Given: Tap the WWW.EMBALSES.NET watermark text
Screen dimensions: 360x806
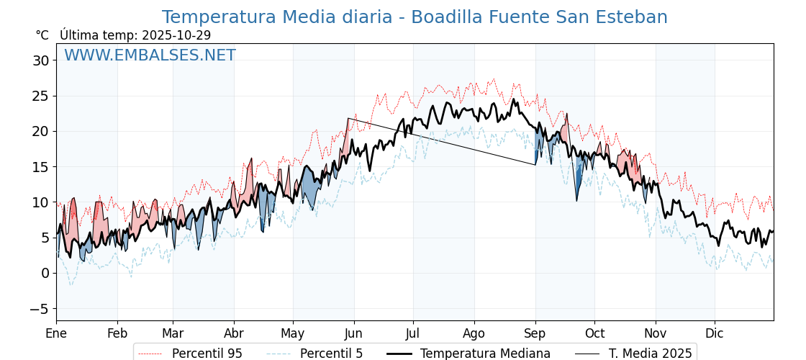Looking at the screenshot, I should (150, 55).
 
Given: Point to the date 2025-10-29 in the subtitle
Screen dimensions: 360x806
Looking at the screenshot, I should (176, 35).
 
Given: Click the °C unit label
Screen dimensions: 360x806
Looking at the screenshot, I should (42, 35).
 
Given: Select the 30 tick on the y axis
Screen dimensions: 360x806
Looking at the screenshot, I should (40, 60).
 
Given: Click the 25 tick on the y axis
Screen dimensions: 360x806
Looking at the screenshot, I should (40, 96).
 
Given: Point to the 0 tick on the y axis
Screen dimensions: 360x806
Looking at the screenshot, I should (45, 273).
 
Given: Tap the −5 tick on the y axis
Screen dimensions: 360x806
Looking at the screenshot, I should (40, 308).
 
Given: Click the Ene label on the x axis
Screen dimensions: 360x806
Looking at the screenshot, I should (56, 333).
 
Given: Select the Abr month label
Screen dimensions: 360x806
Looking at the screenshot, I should (234, 333).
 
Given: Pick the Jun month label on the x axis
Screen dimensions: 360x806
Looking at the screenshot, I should (353, 333).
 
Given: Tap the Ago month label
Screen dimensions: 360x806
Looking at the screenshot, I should (474, 333).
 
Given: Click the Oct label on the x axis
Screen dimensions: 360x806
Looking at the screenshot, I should (594, 333).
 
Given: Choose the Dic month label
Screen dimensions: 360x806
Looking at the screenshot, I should (715, 333).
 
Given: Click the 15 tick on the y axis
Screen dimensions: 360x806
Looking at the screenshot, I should (40, 166).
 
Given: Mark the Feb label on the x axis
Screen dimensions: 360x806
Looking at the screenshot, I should (117, 333).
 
